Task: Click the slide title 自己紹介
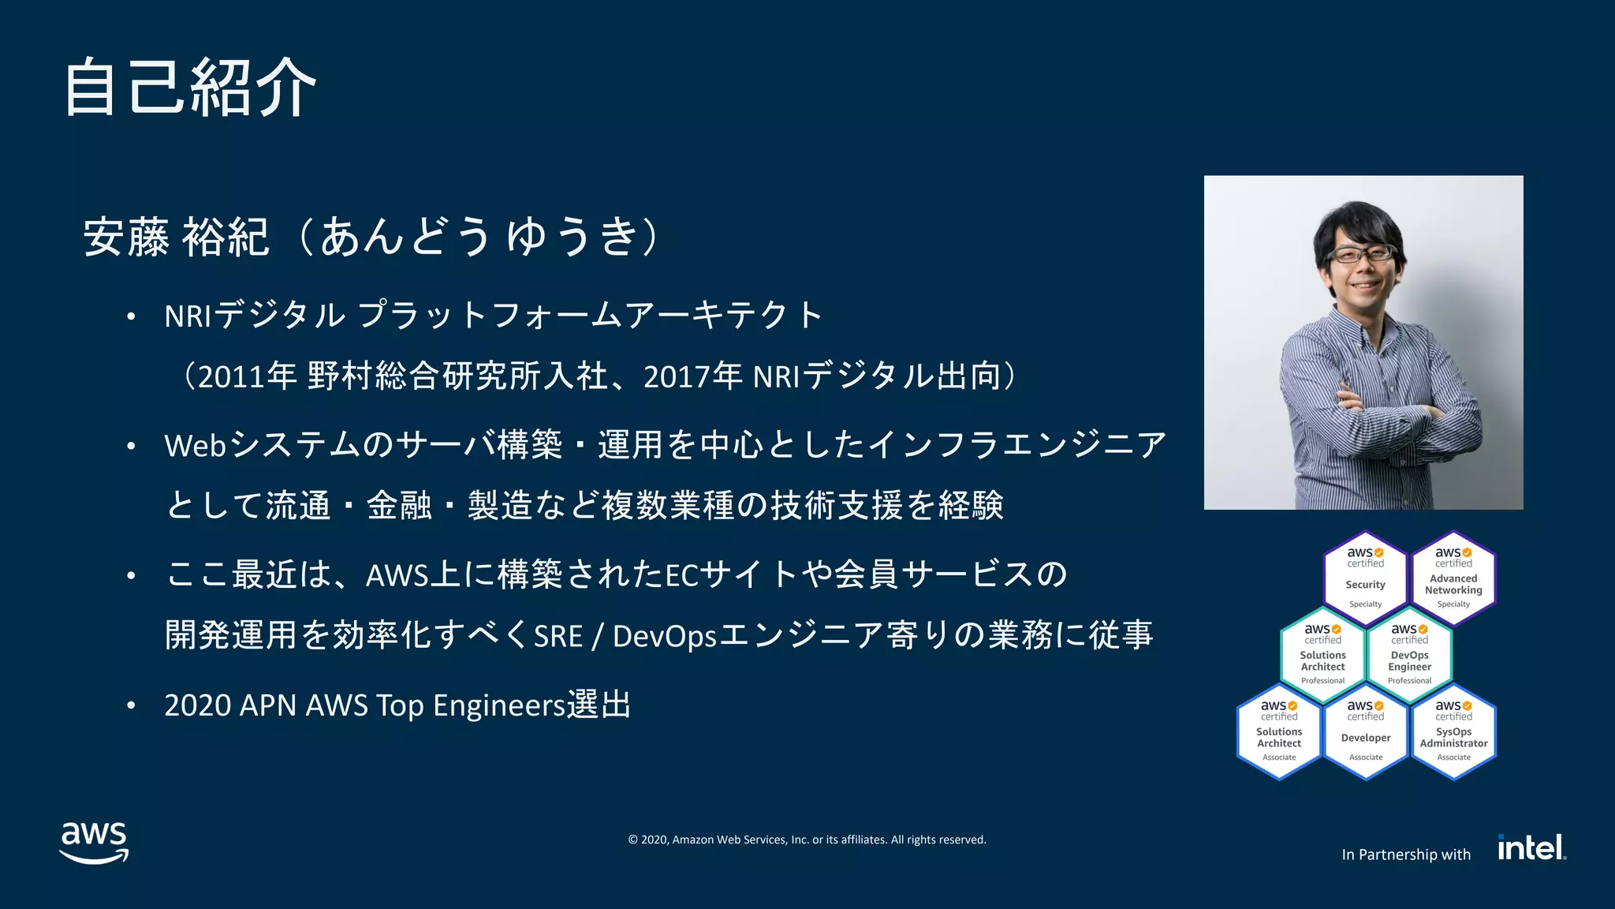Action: coord(189,87)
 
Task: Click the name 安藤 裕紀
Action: coord(176,236)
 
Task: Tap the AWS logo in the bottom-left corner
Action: coord(94,842)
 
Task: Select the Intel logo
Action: coord(1531,847)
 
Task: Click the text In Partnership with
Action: coord(1406,855)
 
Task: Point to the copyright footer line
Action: coord(807,840)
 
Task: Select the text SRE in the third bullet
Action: coord(558,636)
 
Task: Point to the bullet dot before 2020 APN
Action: coord(132,705)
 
